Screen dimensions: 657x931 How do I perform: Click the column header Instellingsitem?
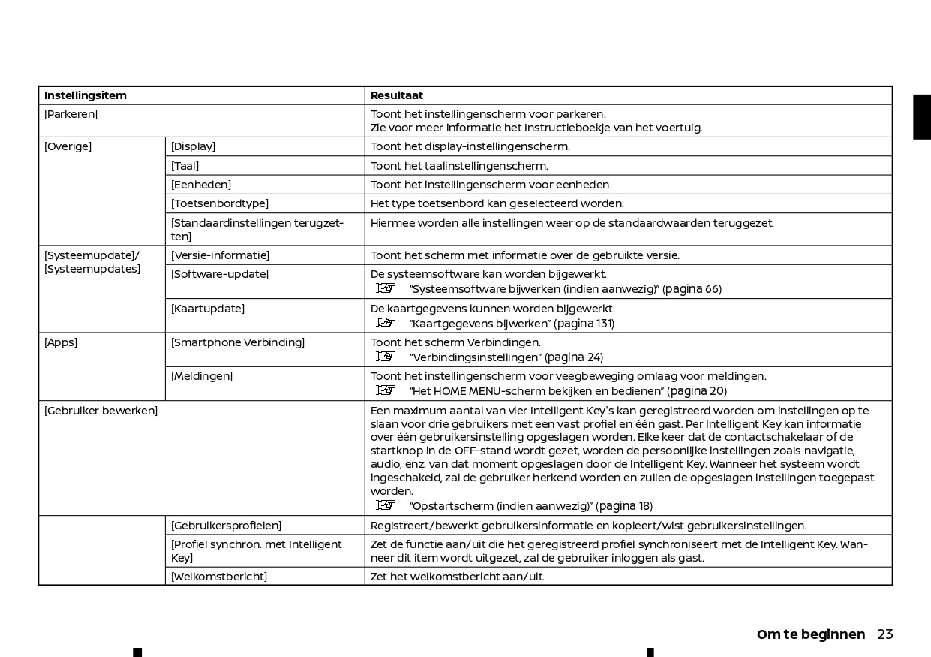tap(86, 95)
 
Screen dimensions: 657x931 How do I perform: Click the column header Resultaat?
tap(397, 95)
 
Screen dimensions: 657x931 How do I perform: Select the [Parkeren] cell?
tap(71, 114)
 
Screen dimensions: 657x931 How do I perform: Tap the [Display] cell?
tap(193, 146)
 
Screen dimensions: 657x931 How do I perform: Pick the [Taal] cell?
tap(185, 166)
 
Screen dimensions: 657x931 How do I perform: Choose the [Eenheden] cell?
tap(201, 185)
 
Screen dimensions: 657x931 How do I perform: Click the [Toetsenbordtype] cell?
tap(220, 203)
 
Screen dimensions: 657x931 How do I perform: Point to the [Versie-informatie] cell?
tap(220, 255)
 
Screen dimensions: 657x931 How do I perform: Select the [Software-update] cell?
tap(220, 274)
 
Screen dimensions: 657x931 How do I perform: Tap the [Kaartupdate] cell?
tap(208, 309)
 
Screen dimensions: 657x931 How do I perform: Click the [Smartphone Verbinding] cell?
tap(238, 342)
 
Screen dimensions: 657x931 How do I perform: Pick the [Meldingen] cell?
tap(202, 376)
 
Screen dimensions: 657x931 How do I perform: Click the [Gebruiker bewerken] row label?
tap(101, 411)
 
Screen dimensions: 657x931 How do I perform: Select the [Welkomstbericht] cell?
tap(219, 577)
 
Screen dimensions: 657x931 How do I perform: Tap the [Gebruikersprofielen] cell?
tap(226, 526)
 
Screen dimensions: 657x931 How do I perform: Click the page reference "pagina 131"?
tap(584, 324)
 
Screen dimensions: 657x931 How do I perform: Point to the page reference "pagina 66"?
tap(692, 289)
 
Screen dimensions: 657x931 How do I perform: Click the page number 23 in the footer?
tap(885, 634)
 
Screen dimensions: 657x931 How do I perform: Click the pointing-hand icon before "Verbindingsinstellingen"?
tap(386, 357)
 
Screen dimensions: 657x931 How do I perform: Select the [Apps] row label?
tap(61, 342)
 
